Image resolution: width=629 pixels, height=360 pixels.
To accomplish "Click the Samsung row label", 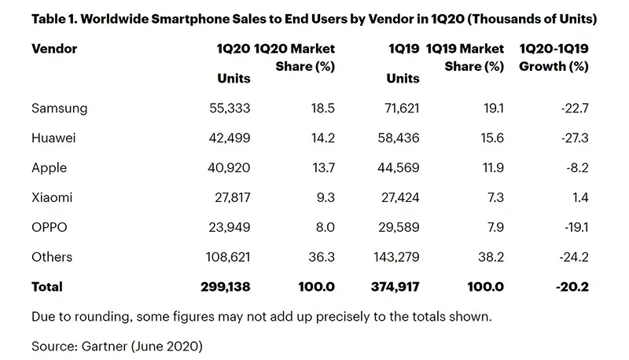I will click(60, 108).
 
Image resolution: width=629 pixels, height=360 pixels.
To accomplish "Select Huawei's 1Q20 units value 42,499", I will click(227, 138).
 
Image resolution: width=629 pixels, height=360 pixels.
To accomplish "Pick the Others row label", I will click(52, 257).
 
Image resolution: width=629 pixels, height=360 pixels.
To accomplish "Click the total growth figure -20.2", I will click(572, 287).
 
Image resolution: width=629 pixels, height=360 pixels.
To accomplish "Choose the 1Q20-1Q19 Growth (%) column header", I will click(554, 57).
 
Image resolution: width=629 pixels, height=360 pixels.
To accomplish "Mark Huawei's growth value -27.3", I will click(573, 138).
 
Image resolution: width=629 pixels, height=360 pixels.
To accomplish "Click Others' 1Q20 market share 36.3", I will click(322, 257).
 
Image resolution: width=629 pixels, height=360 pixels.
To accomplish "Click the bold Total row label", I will click(47, 287).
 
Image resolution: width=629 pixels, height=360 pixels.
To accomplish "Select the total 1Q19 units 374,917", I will click(393, 287).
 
